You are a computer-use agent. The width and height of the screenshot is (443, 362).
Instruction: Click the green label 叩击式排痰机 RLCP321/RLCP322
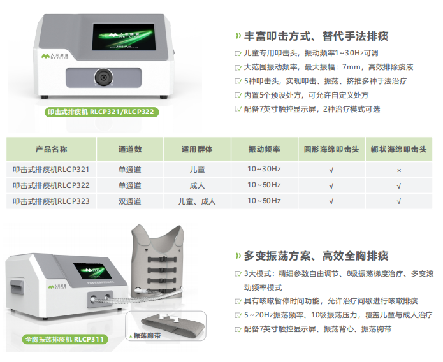[102, 112]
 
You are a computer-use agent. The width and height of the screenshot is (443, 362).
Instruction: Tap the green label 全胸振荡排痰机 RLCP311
[65, 339]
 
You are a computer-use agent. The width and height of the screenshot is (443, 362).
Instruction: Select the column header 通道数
[130, 149]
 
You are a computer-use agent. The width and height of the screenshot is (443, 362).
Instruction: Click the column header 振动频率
[264, 149]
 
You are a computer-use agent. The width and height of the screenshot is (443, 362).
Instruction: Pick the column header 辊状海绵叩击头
[398, 149]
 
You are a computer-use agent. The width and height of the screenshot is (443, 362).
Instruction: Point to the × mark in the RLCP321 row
[399, 170]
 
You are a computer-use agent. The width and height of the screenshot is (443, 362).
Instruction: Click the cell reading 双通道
[129, 201]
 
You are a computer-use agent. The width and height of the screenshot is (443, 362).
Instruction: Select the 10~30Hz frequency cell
[264, 169]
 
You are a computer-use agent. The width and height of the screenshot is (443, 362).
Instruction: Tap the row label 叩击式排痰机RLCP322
[51, 185]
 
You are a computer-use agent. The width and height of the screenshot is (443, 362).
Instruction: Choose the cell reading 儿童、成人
[197, 201]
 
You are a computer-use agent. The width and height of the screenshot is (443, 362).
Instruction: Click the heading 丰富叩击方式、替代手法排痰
[316, 36]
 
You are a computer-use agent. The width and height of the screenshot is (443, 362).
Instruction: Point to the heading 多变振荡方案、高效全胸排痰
[316, 256]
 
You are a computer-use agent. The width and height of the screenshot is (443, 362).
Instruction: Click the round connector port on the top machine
[104, 77]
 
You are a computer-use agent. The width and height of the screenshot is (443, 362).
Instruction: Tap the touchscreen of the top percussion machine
[124, 37]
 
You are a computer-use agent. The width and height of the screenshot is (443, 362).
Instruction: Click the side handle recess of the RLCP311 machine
[17, 291]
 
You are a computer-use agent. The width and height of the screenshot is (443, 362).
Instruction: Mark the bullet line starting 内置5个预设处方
[306, 95]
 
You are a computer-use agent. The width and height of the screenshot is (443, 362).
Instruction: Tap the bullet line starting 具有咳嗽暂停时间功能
[331, 301]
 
